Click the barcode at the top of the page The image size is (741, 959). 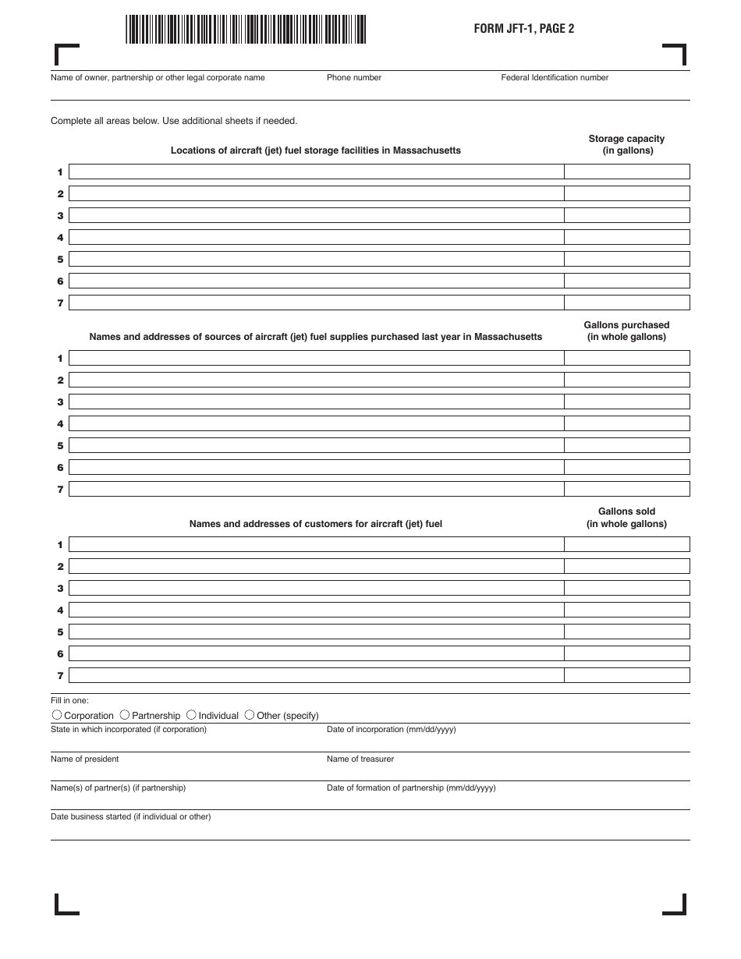click(245, 29)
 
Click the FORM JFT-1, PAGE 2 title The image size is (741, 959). click(524, 29)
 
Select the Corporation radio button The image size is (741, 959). click(57, 715)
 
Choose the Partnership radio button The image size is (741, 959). click(125, 715)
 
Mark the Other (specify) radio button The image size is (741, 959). click(250, 715)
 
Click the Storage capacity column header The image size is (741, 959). click(626, 145)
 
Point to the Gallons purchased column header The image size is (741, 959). click(626, 331)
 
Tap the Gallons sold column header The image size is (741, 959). click(626, 518)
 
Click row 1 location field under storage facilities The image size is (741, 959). click(316, 172)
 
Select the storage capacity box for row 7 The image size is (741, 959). click(627, 303)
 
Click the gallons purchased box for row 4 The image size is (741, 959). click(627, 423)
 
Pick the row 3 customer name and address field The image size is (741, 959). click(316, 588)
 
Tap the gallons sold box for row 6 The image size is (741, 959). click(627, 653)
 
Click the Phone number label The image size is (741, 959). click(354, 78)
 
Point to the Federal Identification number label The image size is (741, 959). click(555, 78)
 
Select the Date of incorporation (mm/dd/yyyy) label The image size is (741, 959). click(392, 730)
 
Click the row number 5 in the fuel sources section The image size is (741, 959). click(60, 446)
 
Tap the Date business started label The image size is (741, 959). click(130, 817)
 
